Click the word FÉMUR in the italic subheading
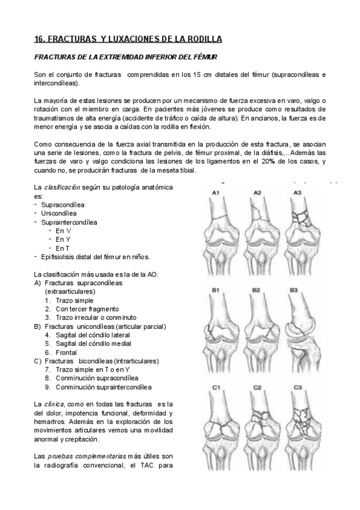click(204, 57)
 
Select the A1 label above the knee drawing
click(217, 192)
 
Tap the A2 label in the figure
click(257, 192)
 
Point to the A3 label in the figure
click(297, 192)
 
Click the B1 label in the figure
click(216, 290)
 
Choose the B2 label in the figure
click(257, 290)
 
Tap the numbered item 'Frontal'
click(66, 352)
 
